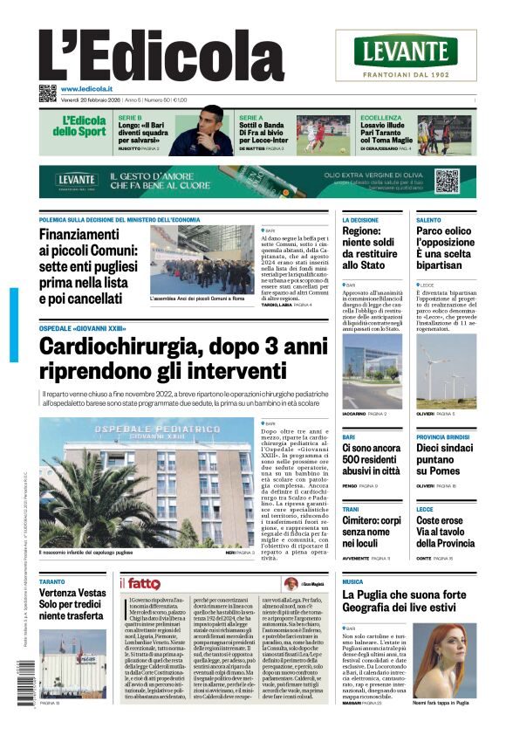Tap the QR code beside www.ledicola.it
[47, 93]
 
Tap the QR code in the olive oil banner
[446, 181]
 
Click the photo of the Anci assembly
[214, 260]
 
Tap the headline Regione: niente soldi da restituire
[366, 250]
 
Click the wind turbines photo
[446, 371]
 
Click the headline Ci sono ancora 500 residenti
[371, 459]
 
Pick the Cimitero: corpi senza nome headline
[371, 532]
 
